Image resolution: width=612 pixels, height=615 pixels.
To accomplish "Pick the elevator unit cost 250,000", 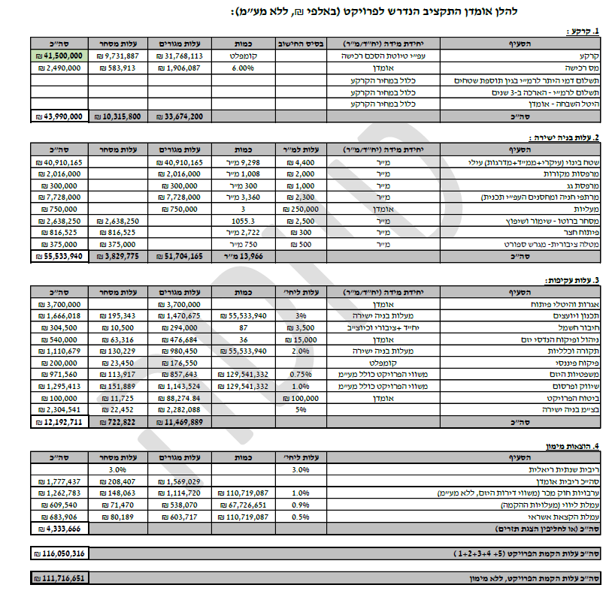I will [299, 210].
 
